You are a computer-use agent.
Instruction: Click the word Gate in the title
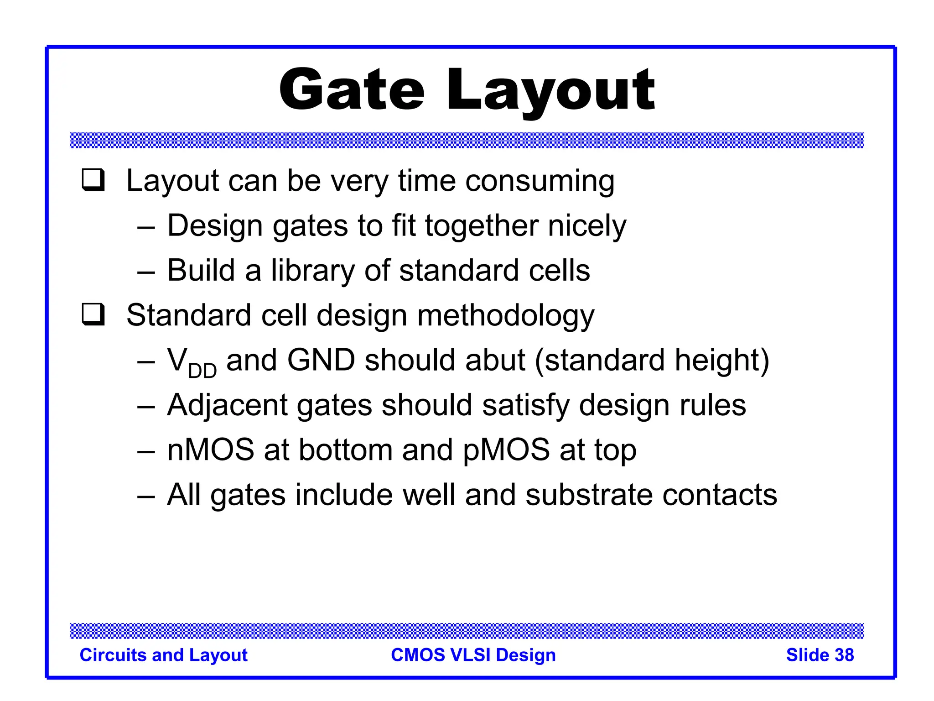click(x=352, y=89)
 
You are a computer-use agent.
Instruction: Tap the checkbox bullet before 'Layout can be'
click(x=93, y=180)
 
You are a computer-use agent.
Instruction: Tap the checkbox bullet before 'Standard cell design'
click(x=93, y=314)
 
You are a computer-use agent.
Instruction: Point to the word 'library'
click(x=312, y=271)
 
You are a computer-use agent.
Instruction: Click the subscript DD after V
click(x=202, y=371)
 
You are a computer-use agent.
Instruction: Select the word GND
click(x=321, y=360)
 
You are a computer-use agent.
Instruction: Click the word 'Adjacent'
click(x=227, y=405)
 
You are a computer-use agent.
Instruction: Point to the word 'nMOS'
click(x=210, y=450)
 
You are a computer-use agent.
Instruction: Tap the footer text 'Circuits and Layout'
click(x=163, y=655)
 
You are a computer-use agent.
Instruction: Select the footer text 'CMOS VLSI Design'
click(x=473, y=655)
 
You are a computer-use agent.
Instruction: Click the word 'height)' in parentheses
click(x=722, y=360)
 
